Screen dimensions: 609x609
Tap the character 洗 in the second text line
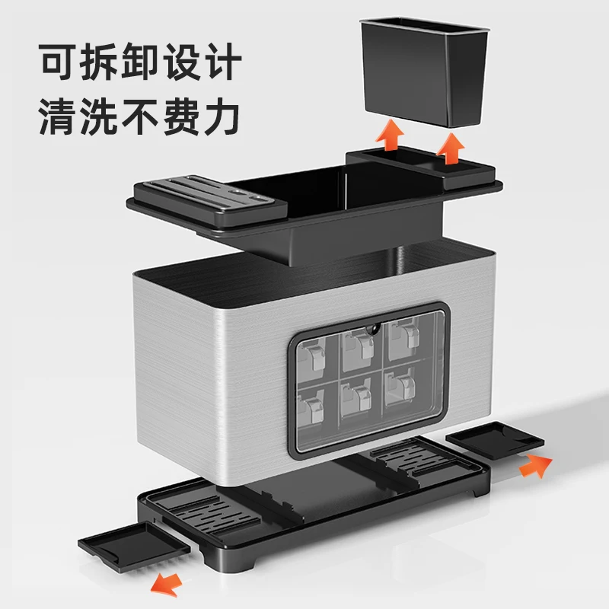pyautogui.click(x=114, y=116)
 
